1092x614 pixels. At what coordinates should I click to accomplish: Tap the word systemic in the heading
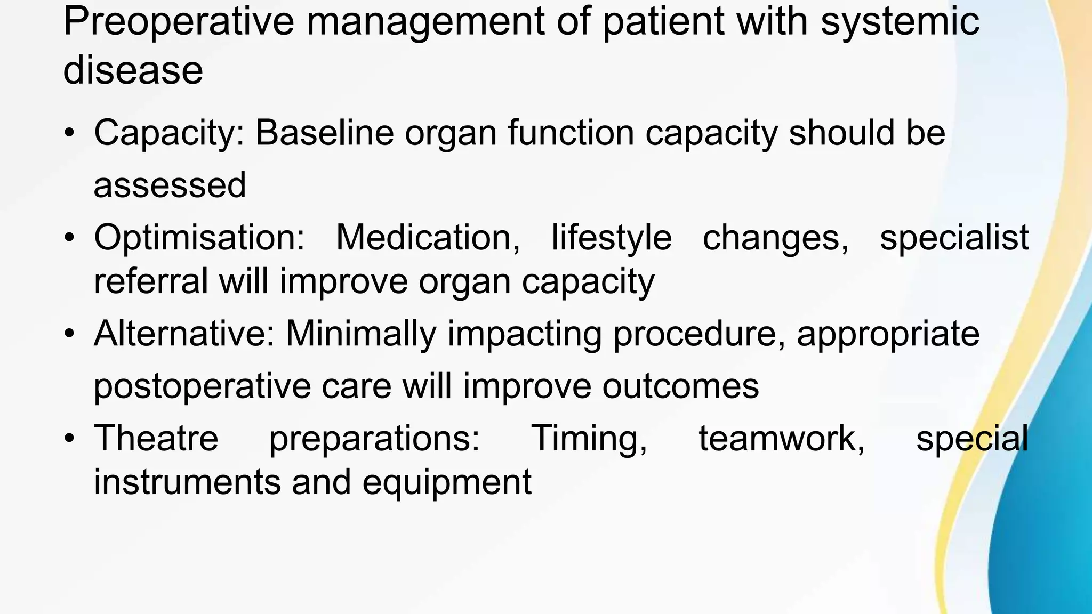click(x=900, y=22)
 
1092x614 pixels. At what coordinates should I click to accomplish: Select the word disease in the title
click(x=133, y=70)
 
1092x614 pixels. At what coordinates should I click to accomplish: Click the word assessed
click(x=170, y=185)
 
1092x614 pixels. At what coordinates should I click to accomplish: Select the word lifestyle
click(x=611, y=238)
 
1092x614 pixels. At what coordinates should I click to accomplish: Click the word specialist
click(x=954, y=238)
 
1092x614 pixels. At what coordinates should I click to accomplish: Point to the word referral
click(x=151, y=281)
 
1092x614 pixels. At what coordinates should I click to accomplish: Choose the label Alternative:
click(x=184, y=334)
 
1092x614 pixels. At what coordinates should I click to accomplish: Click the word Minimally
click(x=361, y=334)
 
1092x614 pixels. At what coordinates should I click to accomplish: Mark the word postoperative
click(x=202, y=386)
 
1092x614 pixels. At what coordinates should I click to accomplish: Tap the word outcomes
click(x=680, y=386)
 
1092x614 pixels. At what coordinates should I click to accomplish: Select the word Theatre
click(x=156, y=438)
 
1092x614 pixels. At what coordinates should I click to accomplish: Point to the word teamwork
click(x=782, y=438)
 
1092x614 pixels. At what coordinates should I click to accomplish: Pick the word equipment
click(x=447, y=482)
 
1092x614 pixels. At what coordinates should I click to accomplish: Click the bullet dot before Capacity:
click(x=68, y=133)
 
